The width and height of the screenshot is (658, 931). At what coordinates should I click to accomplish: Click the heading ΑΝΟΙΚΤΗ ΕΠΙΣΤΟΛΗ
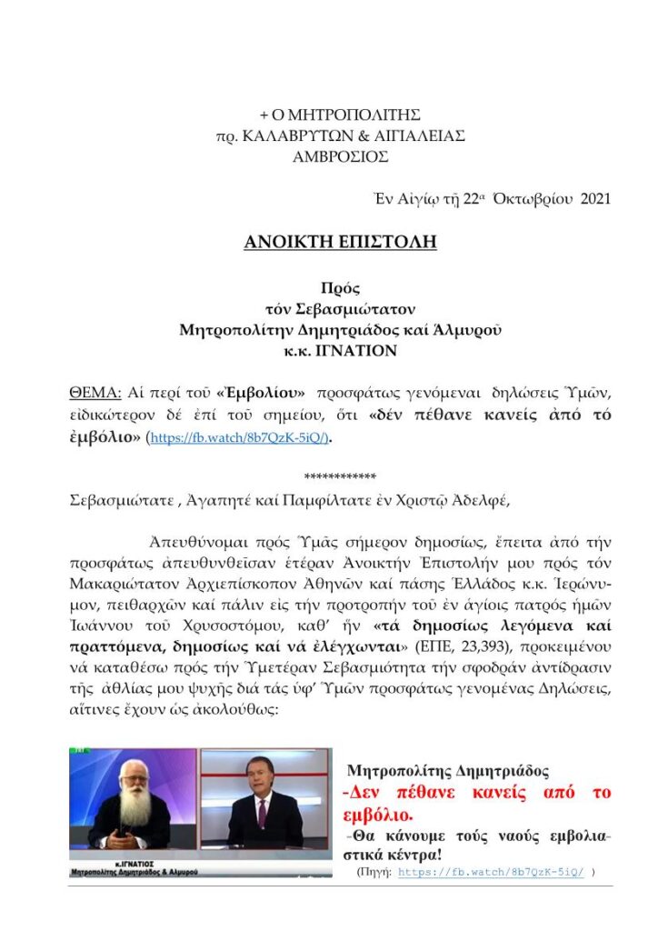pyautogui.click(x=328, y=242)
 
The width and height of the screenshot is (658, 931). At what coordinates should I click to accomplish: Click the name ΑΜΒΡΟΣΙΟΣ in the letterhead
pyautogui.click(x=328, y=155)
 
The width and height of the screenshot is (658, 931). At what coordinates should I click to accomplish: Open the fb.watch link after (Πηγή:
pyautogui.click(x=492, y=871)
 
